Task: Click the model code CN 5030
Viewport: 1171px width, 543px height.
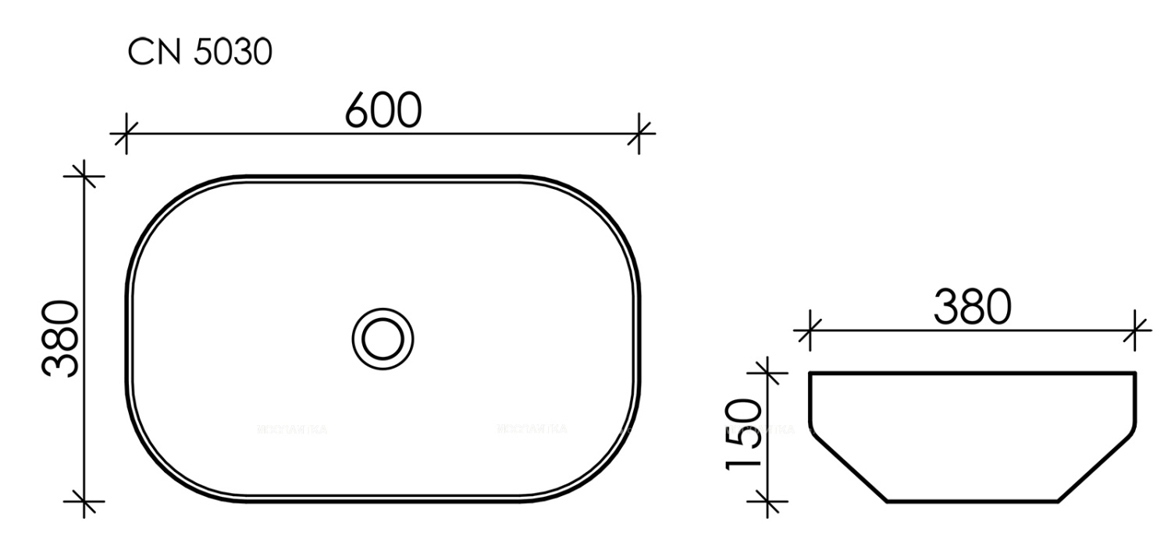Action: [201, 54]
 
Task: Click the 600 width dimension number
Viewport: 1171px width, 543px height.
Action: [383, 112]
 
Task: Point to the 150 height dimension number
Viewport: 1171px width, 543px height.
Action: [744, 434]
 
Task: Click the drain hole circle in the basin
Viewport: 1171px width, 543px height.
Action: [383, 338]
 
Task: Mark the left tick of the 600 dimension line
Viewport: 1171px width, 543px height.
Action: [125, 133]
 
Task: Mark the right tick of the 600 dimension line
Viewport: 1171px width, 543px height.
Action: [639, 133]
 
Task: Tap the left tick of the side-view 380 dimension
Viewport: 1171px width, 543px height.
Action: [810, 330]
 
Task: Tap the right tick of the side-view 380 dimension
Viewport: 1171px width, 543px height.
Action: [1136, 330]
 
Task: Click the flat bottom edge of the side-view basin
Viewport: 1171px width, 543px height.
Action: [973, 500]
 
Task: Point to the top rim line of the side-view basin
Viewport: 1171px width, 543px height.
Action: [973, 373]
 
